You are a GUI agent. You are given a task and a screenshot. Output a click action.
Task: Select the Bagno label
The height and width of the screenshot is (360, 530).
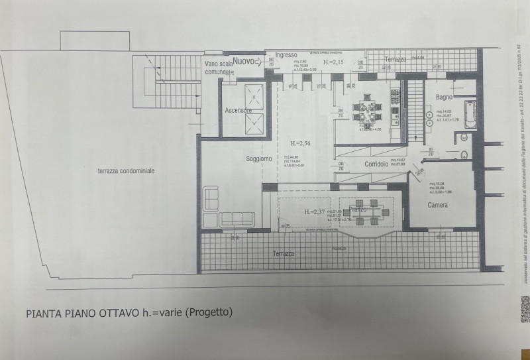pyautogui.click(x=444, y=97)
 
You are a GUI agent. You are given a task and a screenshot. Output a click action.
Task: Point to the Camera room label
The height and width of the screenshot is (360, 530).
pyautogui.click(x=437, y=206)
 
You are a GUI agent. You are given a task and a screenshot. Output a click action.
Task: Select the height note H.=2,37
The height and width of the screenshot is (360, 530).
pyautogui.click(x=316, y=212)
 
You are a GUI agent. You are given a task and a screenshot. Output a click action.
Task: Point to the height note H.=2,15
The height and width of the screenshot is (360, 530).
pyautogui.click(x=335, y=62)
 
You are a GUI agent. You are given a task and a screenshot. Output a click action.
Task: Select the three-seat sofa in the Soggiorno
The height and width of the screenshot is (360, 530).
pyautogui.click(x=236, y=218)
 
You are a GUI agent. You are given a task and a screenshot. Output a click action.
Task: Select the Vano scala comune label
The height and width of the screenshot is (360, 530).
pyautogui.click(x=219, y=67)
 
